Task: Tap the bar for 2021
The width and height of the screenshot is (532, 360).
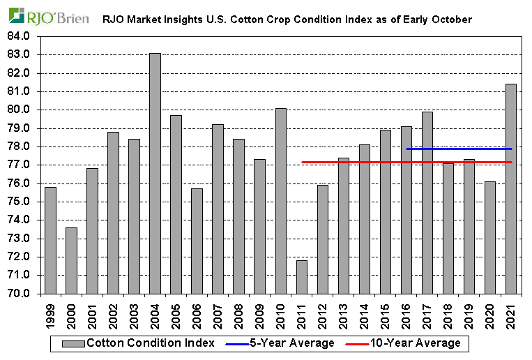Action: (510, 188)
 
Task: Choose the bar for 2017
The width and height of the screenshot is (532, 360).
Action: (427, 202)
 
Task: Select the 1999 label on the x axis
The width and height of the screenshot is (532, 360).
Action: (50, 315)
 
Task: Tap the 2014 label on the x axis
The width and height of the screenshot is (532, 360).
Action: (364, 315)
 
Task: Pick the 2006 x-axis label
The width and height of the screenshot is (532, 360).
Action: (197, 315)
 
